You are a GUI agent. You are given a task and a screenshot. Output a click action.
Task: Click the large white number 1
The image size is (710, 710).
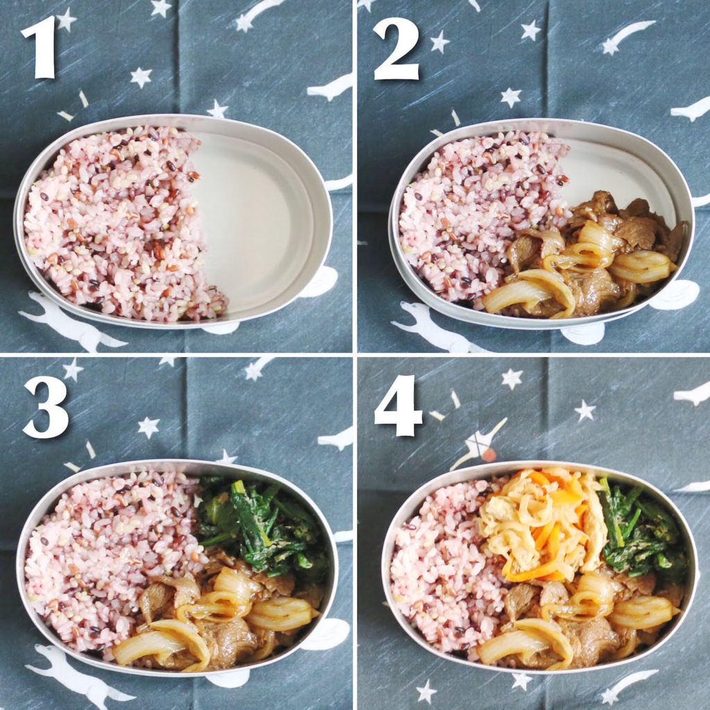[x=40, y=46]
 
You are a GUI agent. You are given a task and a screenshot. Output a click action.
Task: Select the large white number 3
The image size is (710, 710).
[x=46, y=406]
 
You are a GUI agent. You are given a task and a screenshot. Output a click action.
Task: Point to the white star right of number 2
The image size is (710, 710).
[x=440, y=42]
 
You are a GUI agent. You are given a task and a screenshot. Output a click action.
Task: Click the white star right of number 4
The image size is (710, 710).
[x=512, y=379]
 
